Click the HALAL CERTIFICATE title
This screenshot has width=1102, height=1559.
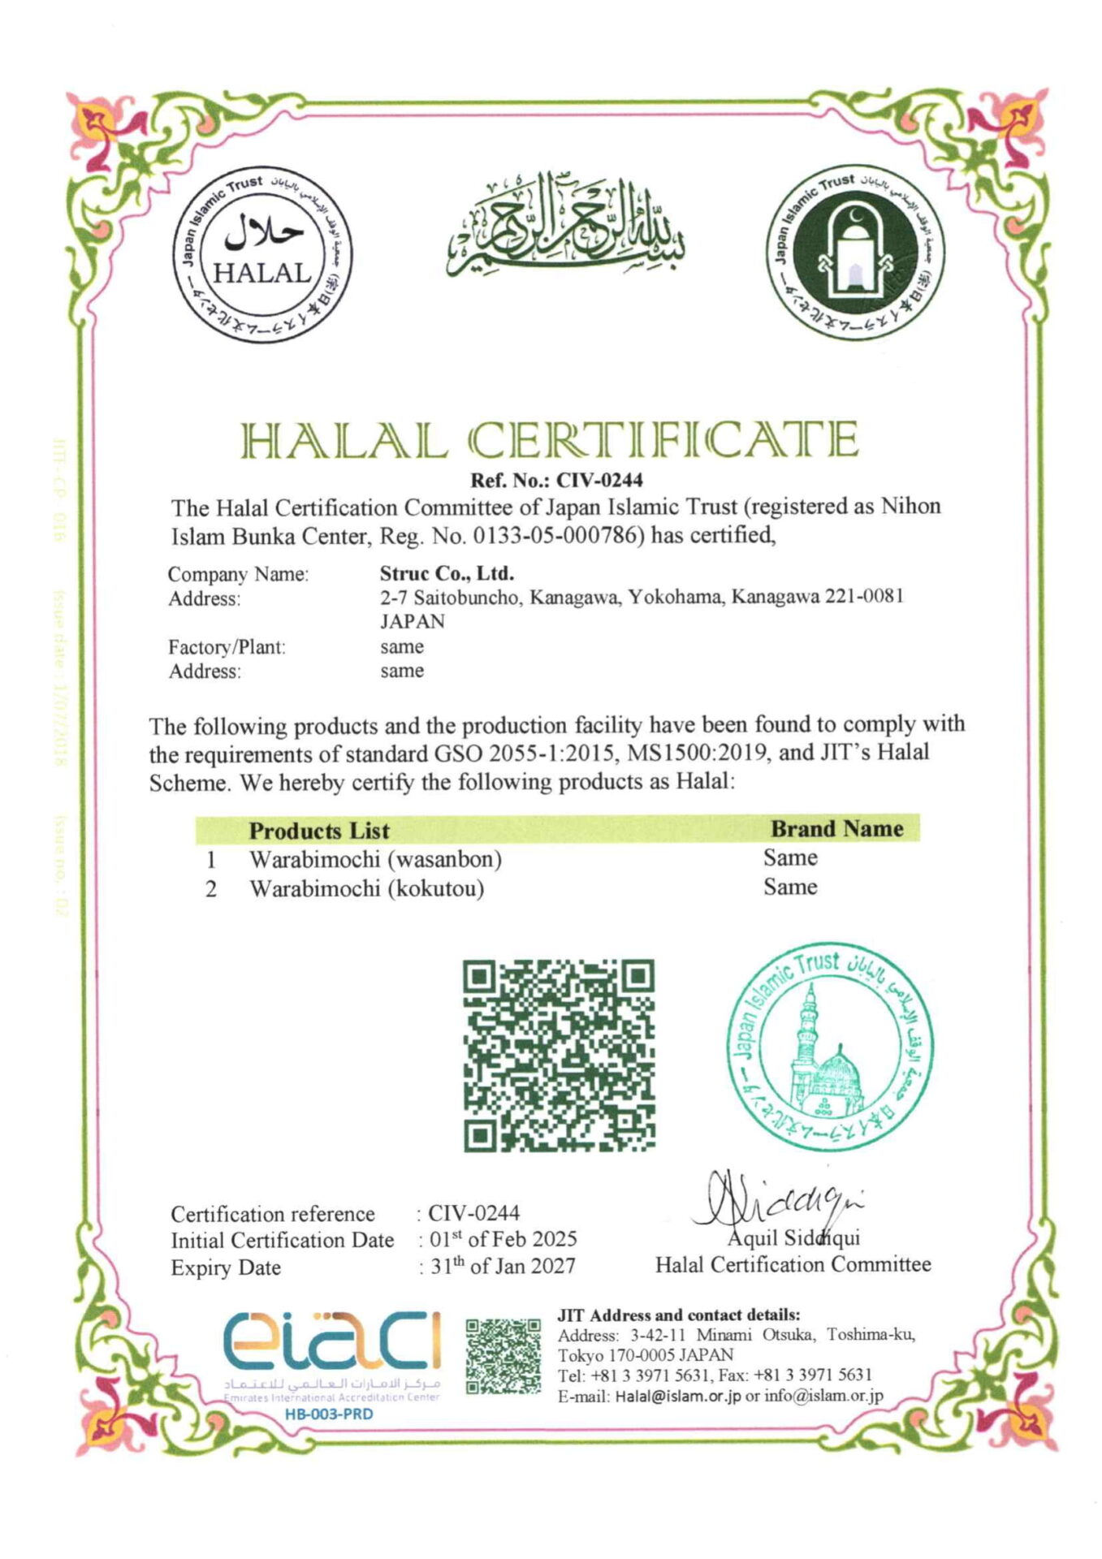click(550, 441)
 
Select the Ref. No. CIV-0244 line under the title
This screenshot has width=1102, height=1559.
click(556, 480)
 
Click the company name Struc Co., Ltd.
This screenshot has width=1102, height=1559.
click(447, 573)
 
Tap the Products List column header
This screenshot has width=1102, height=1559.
click(319, 831)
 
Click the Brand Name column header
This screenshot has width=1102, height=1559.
click(836, 829)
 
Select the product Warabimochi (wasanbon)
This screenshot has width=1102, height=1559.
click(375, 858)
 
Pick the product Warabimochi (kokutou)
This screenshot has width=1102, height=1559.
click(366, 888)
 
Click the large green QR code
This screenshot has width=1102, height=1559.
click(559, 1055)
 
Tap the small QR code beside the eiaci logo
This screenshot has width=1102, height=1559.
click(503, 1356)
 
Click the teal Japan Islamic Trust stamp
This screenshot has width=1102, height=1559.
click(829, 1047)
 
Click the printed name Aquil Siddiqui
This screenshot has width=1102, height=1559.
click(793, 1238)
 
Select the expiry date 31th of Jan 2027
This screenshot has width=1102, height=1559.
click(502, 1266)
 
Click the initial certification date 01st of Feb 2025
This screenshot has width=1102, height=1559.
click(503, 1239)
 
